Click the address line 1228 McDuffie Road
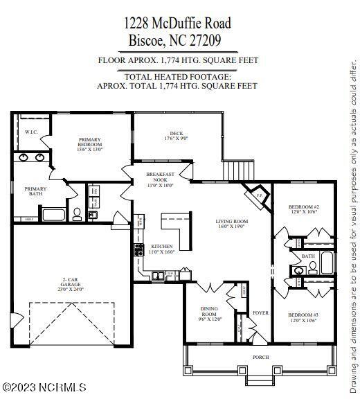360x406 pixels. (x=178, y=24)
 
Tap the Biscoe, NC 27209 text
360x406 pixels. (x=178, y=40)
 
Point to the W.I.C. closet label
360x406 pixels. (x=31, y=132)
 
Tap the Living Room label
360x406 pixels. (x=232, y=224)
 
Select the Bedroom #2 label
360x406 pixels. (x=303, y=209)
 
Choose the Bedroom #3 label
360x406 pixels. (x=303, y=318)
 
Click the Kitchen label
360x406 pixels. (x=161, y=249)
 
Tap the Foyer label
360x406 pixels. (x=260, y=312)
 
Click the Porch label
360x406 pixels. (x=260, y=357)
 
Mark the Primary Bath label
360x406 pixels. (x=36, y=191)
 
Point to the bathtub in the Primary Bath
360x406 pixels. (x=56, y=214)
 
